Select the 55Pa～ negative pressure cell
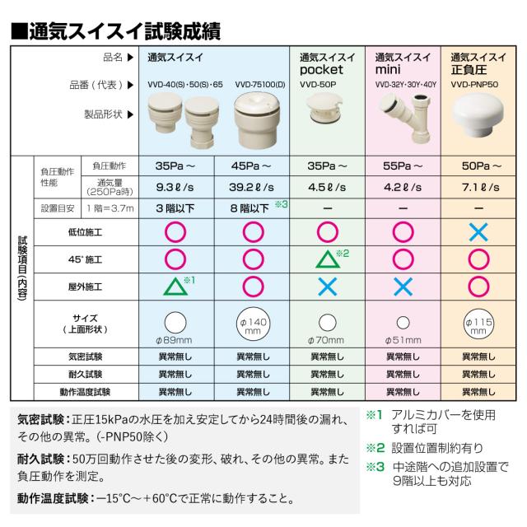403,164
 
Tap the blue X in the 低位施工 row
478,232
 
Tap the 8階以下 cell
248,208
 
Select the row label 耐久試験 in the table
90,374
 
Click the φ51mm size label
403,340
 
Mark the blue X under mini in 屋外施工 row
403,287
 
